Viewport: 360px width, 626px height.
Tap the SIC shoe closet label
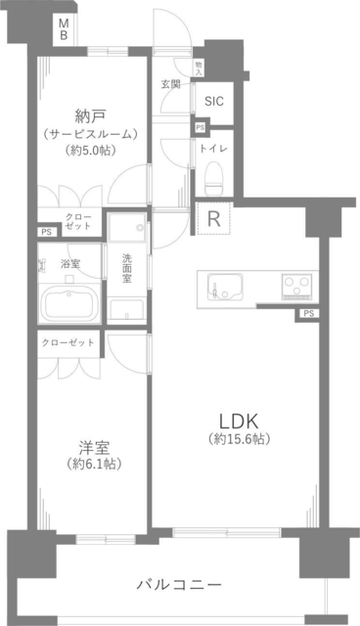point(214,102)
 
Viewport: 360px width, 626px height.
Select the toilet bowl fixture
point(213,178)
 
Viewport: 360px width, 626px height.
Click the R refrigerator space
point(214,218)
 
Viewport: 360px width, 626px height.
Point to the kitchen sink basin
point(223,287)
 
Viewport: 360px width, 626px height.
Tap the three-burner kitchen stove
point(296,286)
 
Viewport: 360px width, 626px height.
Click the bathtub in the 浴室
point(70,305)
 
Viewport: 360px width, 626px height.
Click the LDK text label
point(239,421)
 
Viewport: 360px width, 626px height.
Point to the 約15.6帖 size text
point(239,439)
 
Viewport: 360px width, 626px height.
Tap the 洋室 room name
point(94,448)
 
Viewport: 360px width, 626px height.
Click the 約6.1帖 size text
point(94,464)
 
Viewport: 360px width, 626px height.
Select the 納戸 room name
point(90,116)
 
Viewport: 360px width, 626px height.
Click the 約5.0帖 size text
point(90,150)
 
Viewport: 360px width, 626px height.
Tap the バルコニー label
point(179,585)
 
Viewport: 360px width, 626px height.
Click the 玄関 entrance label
point(170,84)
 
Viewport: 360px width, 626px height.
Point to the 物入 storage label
point(199,67)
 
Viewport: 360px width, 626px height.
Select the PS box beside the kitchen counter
point(308,314)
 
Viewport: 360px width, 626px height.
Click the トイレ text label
point(213,149)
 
